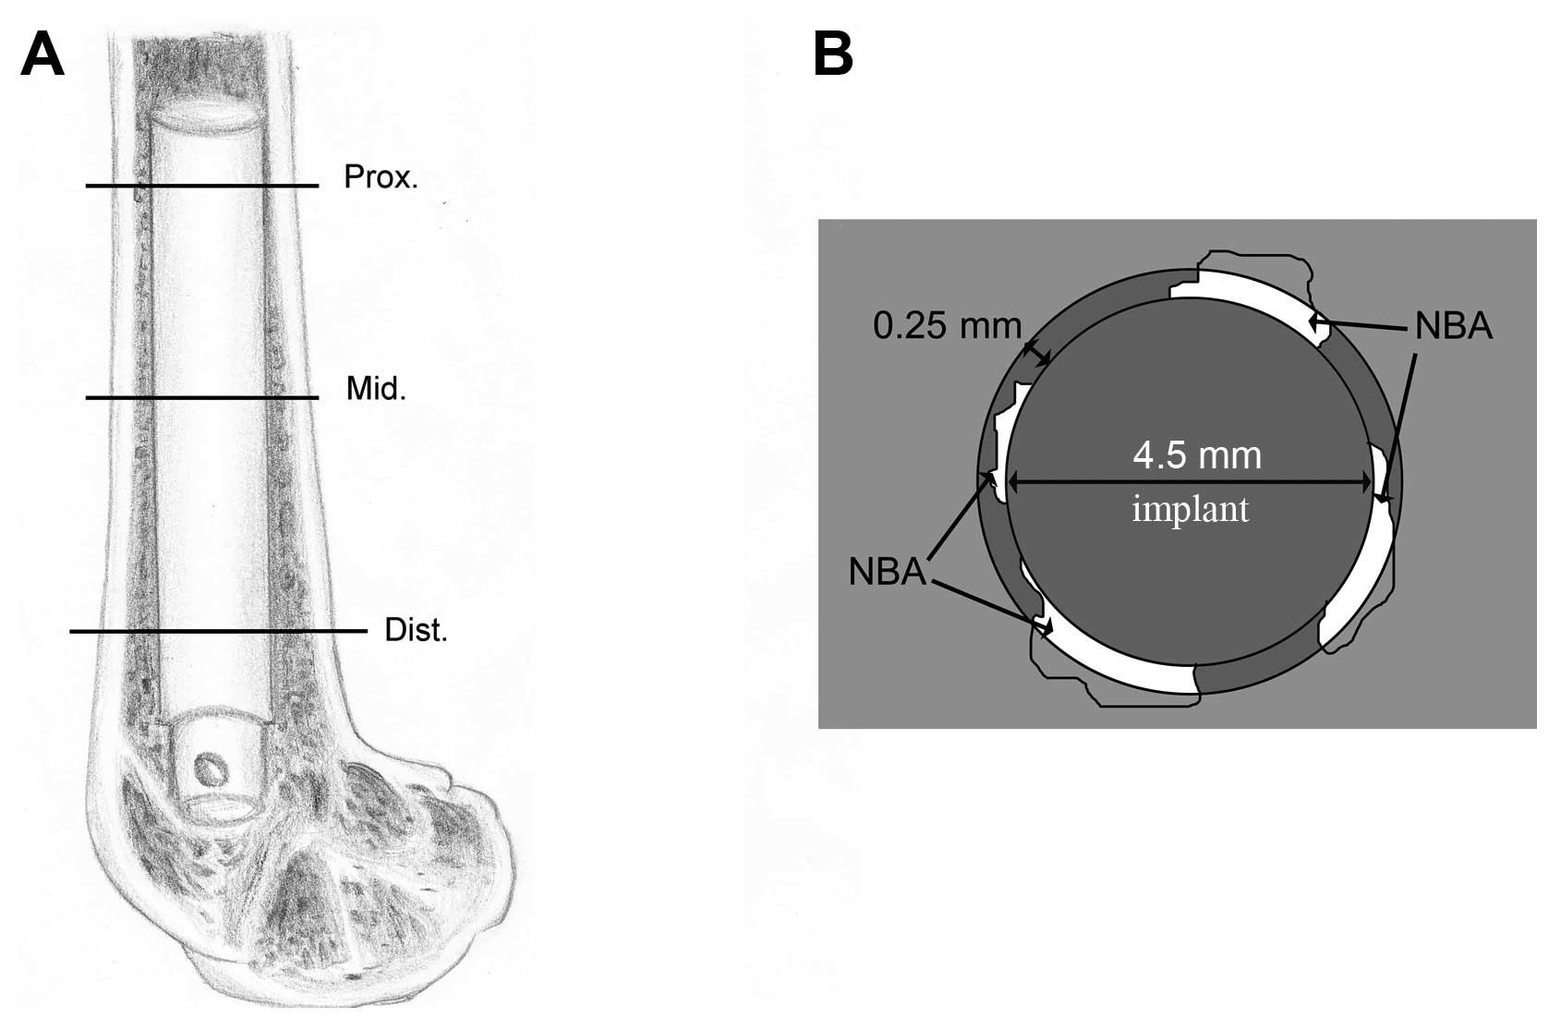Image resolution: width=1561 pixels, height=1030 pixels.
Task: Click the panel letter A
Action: [42, 55]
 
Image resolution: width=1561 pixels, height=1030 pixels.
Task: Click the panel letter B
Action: [832, 55]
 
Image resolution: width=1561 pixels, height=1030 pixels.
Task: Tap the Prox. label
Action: [381, 176]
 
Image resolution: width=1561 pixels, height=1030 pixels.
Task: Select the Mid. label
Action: [376, 389]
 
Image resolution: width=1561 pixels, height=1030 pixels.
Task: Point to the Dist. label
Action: [416, 631]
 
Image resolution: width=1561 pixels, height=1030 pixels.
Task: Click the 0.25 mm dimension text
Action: [947, 325]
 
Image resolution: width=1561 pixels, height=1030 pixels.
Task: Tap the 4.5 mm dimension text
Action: [1196, 455]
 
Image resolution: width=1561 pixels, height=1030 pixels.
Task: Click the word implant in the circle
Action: [1191, 509]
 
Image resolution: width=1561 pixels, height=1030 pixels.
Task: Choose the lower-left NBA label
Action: [887, 572]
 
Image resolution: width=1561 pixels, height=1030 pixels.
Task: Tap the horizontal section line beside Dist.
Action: [217, 632]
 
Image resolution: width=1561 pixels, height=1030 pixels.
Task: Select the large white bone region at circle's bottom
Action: [1118, 660]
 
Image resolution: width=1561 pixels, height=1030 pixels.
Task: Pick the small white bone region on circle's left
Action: [1005, 434]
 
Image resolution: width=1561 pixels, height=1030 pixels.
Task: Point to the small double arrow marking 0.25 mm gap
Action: [1036, 353]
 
